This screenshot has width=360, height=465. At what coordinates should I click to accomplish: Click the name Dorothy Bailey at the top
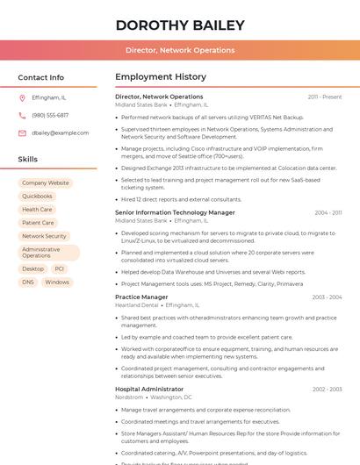click(180, 25)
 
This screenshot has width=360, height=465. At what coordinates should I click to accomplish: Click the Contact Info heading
click(41, 77)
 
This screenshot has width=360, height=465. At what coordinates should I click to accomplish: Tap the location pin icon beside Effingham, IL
click(22, 98)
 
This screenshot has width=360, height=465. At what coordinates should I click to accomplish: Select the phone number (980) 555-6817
click(50, 115)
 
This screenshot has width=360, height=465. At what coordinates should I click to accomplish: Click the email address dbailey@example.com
click(61, 132)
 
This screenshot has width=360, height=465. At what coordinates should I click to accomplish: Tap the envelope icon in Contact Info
click(22, 132)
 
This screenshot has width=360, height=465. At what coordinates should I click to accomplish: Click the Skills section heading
click(28, 160)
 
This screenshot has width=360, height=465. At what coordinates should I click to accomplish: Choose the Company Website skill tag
click(46, 183)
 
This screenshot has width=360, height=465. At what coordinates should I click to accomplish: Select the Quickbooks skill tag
click(38, 197)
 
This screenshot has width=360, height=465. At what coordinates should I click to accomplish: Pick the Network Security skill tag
click(44, 236)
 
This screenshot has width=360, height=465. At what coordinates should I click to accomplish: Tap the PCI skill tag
click(60, 269)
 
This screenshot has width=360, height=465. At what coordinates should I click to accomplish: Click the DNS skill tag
click(28, 283)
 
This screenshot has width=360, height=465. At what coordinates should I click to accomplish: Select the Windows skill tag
click(57, 283)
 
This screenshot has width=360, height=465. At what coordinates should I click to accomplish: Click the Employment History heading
click(161, 77)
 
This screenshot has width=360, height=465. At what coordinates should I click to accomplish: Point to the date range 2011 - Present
click(325, 97)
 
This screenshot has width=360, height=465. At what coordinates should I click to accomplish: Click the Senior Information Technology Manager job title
click(175, 212)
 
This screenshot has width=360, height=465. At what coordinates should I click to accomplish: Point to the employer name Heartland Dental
click(137, 305)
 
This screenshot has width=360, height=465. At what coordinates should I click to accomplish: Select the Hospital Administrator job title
click(149, 389)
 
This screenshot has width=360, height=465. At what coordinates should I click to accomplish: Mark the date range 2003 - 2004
click(327, 297)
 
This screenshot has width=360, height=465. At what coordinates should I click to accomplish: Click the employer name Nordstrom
click(129, 397)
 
